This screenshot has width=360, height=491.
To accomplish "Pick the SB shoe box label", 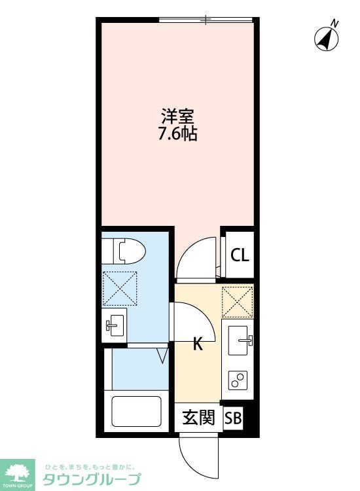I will pos(233,418).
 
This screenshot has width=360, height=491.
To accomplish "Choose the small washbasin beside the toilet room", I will pos(115,323).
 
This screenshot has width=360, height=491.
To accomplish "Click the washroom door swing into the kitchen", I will pos(191,321).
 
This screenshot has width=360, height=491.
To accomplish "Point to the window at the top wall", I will pos(206,20).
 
